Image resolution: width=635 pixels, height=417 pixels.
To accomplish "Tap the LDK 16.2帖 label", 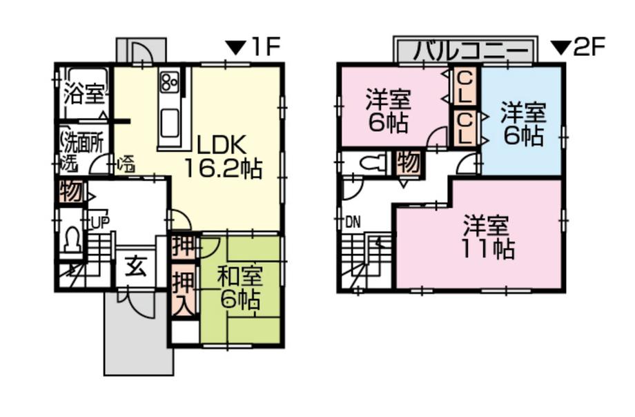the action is tap(223, 157).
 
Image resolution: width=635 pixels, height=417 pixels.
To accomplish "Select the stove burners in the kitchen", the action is tap(169, 82).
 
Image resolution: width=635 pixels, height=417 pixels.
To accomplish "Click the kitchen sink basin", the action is tap(169, 124).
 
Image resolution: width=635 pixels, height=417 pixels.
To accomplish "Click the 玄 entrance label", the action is tap(137, 266).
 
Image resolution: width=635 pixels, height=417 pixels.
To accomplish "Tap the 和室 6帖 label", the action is tap(240, 287).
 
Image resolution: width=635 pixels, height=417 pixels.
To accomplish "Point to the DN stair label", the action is tap(353, 222).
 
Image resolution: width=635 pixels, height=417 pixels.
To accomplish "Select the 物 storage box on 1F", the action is tap(72, 192).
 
